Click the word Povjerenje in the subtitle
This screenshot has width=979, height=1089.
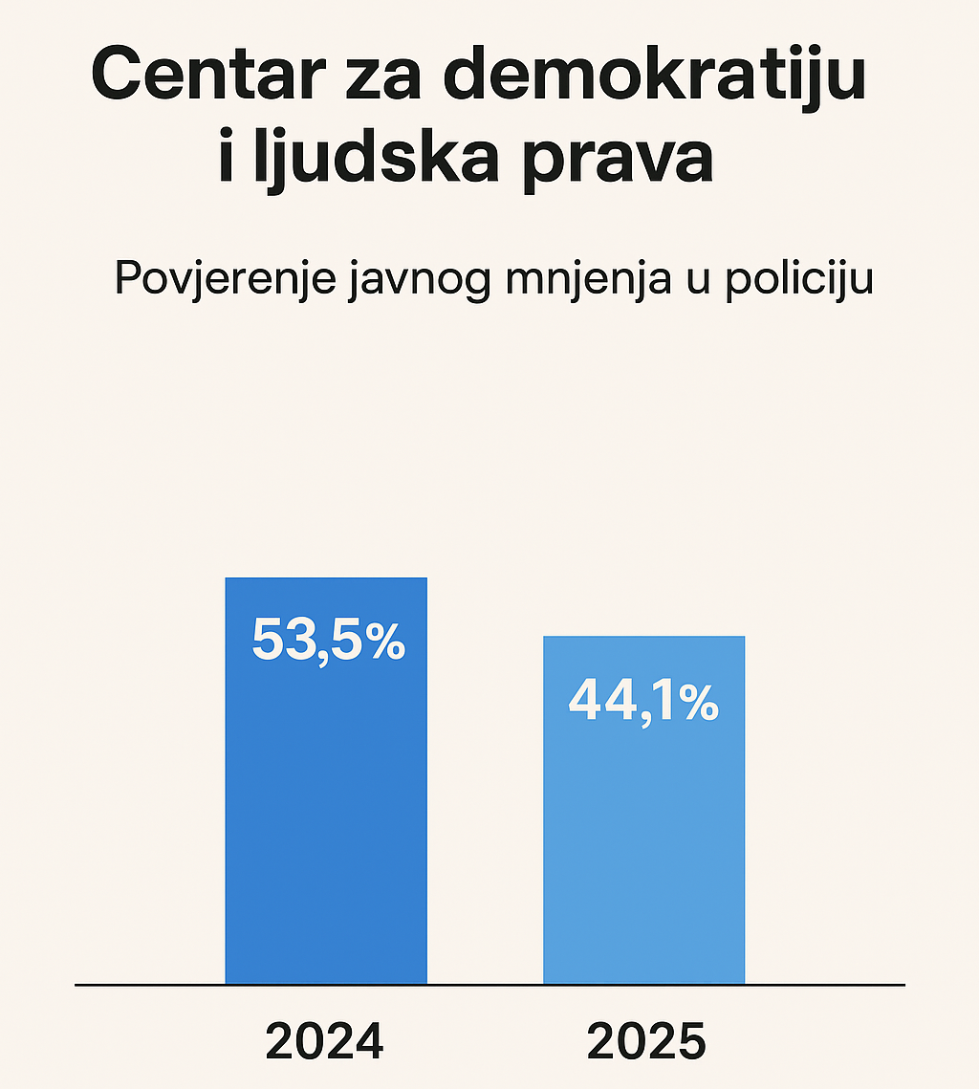pos(224,279)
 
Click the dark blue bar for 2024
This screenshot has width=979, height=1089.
pos(326,813)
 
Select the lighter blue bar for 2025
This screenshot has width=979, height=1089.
pos(643,841)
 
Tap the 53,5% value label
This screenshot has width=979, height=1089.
pos(328,641)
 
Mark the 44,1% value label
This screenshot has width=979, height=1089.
pos(642,702)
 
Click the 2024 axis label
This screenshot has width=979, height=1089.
pos(324,1041)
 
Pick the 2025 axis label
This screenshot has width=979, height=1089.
pos(646,1041)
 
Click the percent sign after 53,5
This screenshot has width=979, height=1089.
pos(385,641)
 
